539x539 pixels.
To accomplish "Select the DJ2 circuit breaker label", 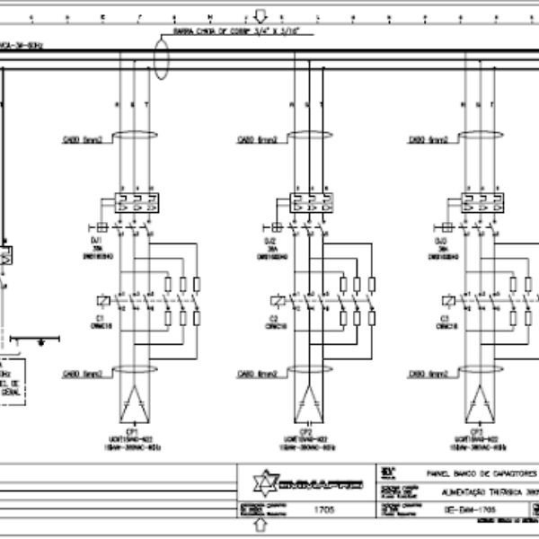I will tap(269, 241).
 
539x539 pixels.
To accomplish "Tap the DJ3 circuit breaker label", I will tap(441, 241).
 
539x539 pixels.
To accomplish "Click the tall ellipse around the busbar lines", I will tap(162, 59).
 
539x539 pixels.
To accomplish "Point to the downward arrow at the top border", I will tap(261, 15).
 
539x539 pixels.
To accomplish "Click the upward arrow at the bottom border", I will tap(241, 525).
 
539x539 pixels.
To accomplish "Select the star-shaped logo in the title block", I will tap(261, 484).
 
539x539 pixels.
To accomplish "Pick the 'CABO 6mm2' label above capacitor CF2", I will tap(256, 373).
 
